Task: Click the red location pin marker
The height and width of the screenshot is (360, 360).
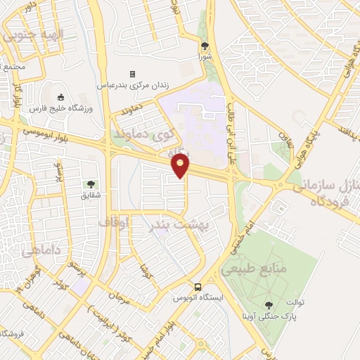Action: click(181, 165)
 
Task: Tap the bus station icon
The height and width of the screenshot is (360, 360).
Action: click(199, 287)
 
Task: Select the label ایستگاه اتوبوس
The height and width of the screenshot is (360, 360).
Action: click(199, 297)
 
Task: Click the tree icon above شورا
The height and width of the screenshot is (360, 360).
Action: click(205, 46)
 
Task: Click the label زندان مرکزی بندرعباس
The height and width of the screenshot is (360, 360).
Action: click(131, 85)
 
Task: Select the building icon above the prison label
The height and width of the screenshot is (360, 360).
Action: click(131, 74)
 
